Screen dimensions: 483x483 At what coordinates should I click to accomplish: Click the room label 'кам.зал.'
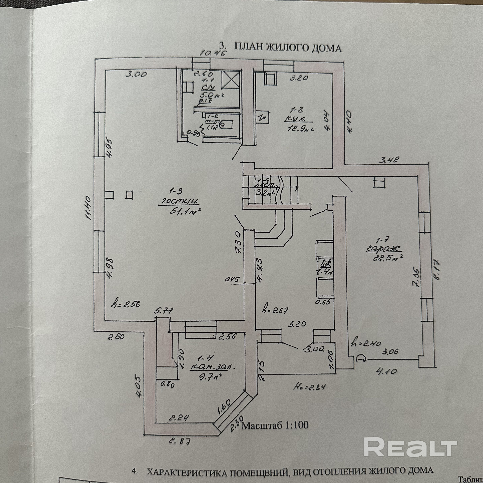213,368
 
